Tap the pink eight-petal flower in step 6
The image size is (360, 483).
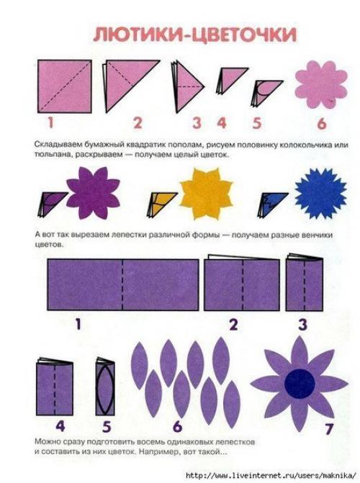pos(321,84)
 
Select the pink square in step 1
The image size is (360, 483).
pos(64,86)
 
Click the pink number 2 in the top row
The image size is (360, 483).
pos(138,123)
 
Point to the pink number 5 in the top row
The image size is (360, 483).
pos(257,123)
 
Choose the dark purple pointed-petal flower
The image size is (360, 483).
pos(93,193)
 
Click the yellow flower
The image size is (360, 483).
pos(206,194)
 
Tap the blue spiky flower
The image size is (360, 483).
pos(321,194)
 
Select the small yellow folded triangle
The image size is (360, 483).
pos(161,203)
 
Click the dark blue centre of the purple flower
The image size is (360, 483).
pos(300,383)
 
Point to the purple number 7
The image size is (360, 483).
pos(329,428)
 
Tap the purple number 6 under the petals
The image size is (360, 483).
pos(178,426)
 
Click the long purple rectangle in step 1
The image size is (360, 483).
pos(123,284)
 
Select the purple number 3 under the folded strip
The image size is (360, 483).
pos(302,325)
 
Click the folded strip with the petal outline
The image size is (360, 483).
pos(105,387)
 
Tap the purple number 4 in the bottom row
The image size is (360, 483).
pos(60,426)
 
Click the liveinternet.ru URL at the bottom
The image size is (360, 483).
pos(271,475)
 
